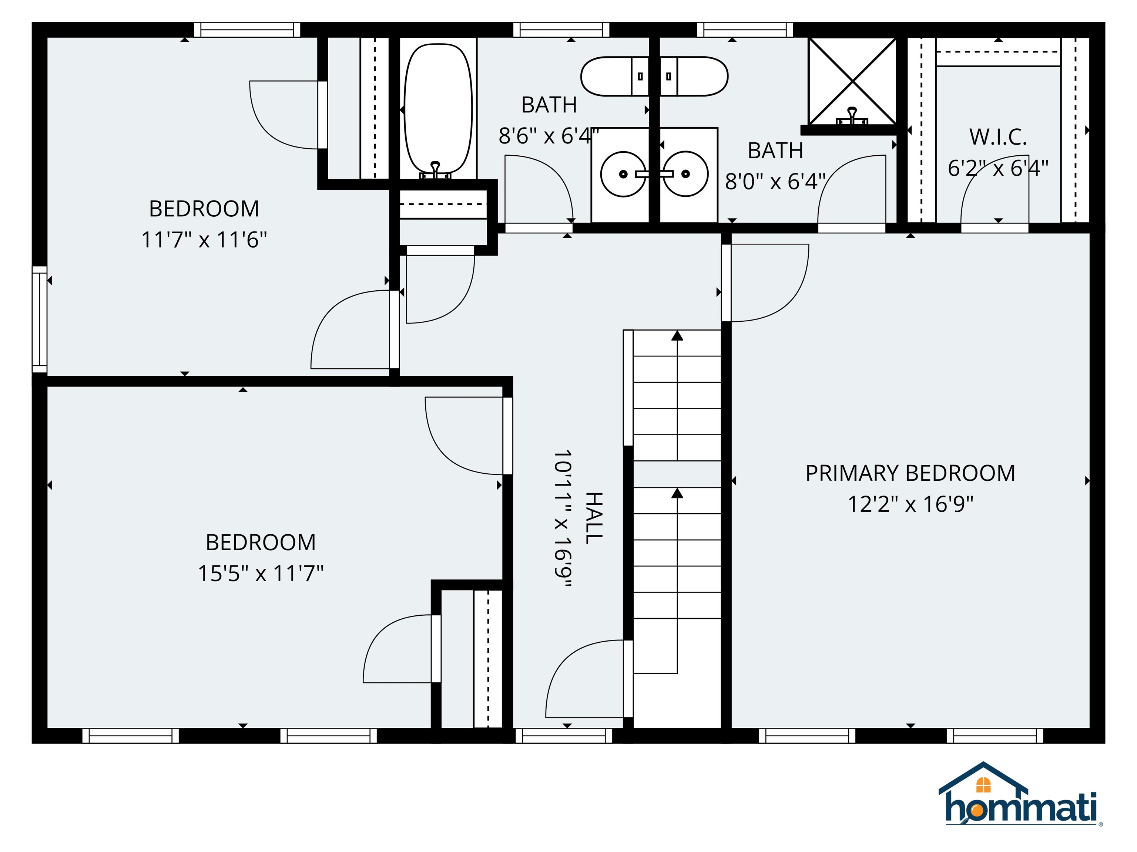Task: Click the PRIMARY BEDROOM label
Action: click(x=910, y=473)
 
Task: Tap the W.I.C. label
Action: click(x=998, y=137)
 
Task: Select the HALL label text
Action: click(x=594, y=518)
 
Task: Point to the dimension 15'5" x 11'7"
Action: click(x=261, y=573)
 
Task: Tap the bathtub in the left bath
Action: click(x=438, y=109)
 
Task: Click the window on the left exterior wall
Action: click(x=40, y=319)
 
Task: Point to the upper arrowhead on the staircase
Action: click(x=677, y=335)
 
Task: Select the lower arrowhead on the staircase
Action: click(x=677, y=493)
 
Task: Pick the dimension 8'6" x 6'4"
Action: click(x=549, y=136)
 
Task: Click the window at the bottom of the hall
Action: click(x=564, y=736)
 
